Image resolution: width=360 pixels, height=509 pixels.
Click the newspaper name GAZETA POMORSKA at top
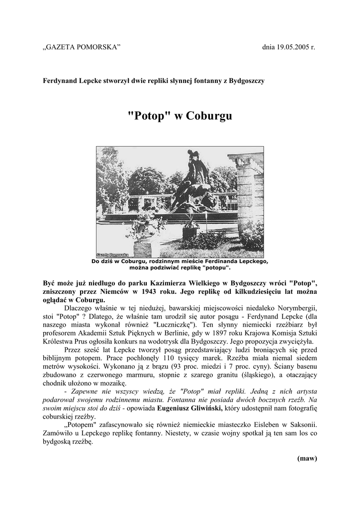pos(82,47)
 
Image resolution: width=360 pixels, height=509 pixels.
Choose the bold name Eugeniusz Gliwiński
pos(189,410)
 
